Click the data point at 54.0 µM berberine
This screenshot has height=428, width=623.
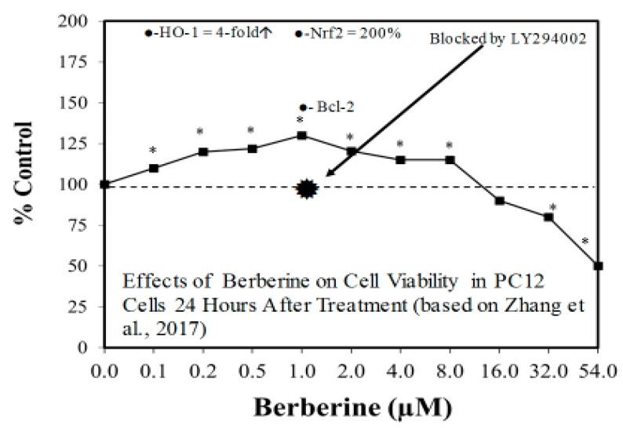[598, 265]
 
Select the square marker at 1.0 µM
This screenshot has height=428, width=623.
[301, 135]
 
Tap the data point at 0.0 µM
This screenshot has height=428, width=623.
[104, 185]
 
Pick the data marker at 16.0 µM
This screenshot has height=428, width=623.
[499, 200]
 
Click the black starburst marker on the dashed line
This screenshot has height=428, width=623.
[307, 188]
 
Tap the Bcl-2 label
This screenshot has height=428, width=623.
[322, 107]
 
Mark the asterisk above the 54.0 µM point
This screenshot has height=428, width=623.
[585, 242]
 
